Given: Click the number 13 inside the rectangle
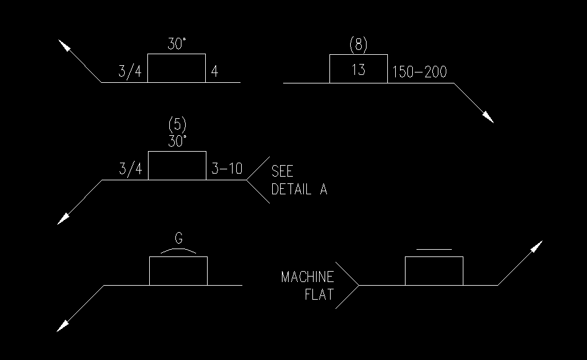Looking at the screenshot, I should pyautogui.click(x=359, y=69).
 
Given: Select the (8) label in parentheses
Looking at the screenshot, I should pyautogui.click(x=359, y=44).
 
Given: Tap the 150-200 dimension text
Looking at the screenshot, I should pyautogui.click(x=420, y=72).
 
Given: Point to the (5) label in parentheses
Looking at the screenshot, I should pyautogui.click(x=177, y=125).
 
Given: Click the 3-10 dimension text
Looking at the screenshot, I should pyautogui.click(x=226, y=169).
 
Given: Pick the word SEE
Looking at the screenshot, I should pyautogui.click(x=282, y=171).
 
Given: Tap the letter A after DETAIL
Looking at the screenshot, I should pyautogui.click(x=323, y=189).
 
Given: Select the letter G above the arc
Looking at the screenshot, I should pyautogui.click(x=178, y=239).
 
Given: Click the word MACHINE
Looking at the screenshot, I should pyautogui.click(x=308, y=278).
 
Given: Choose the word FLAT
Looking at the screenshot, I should pyautogui.click(x=319, y=296).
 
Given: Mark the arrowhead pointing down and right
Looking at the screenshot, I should pyautogui.click(x=488, y=117).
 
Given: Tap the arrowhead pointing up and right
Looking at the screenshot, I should pyautogui.click(x=536, y=246).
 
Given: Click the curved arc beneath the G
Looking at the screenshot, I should pyautogui.click(x=178, y=250).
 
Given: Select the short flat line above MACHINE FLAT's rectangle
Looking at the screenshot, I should pyautogui.click(x=434, y=249).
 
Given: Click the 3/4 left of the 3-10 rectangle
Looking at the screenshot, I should pyautogui.click(x=130, y=169).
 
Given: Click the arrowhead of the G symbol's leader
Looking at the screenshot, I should pyautogui.click(x=63, y=326).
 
